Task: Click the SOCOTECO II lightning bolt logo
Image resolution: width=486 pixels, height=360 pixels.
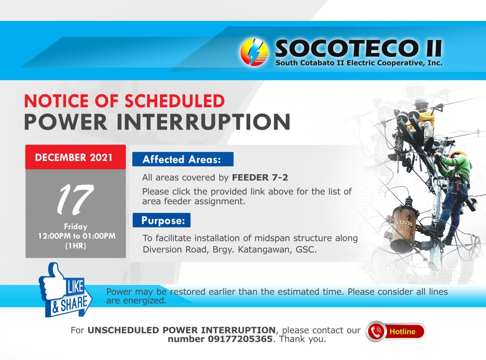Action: click(254, 52)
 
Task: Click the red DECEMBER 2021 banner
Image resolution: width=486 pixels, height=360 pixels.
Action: click(75, 157)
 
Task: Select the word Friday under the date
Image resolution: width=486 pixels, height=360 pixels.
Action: click(75, 227)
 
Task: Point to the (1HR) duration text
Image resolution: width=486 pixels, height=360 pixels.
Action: click(75, 246)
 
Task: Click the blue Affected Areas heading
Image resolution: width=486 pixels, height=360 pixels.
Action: click(183, 160)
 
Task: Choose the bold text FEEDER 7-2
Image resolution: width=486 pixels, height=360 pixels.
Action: click(260, 177)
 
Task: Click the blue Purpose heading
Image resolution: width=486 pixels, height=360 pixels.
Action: click(161, 220)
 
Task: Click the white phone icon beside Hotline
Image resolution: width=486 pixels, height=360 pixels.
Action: click(376, 332)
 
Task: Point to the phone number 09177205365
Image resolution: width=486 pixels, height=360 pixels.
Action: click(240, 339)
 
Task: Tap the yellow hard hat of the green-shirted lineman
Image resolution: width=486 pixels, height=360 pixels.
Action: click(458, 154)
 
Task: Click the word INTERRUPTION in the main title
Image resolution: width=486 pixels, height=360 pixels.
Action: click(203, 122)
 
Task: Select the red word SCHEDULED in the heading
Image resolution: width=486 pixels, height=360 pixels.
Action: click(175, 101)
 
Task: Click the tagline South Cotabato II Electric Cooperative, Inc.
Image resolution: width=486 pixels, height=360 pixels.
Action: click(359, 63)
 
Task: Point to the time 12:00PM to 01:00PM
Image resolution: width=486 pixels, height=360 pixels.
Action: click(76, 236)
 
